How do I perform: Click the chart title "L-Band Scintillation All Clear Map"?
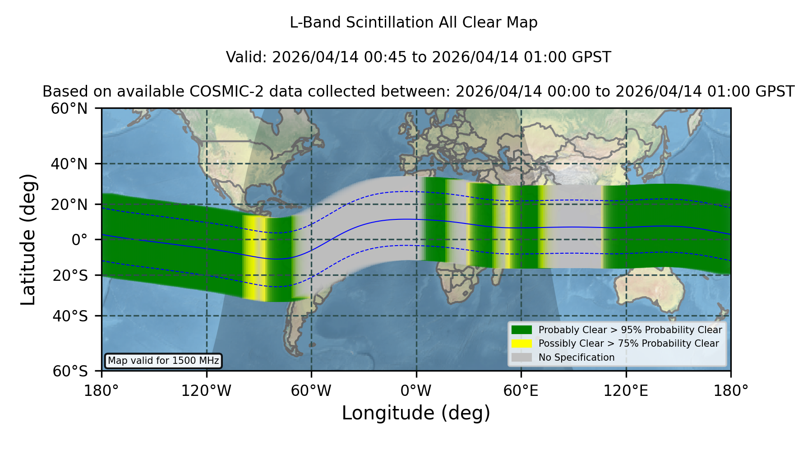coord(413,23)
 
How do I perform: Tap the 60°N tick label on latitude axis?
coord(69,109)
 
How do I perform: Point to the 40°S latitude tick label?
coord(70,316)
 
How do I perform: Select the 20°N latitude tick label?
coord(69,205)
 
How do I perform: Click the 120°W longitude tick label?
coord(206,390)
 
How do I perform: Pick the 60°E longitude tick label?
coord(521,390)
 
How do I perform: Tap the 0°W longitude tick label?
coord(416,390)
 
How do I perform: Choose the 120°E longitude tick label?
coord(626,390)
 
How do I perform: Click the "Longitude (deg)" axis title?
coord(416,413)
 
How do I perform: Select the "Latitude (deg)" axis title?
coord(28,239)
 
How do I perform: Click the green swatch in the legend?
coord(521,330)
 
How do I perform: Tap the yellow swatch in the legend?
coord(521,344)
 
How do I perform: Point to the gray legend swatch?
coord(521,358)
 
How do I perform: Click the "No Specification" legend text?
coord(577,358)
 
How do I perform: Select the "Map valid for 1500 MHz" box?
coord(163,361)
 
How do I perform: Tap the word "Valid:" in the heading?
coord(247,57)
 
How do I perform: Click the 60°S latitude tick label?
coord(70,372)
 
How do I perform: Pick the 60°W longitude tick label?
coord(311,390)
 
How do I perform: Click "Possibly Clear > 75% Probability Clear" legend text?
coord(628,344)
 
